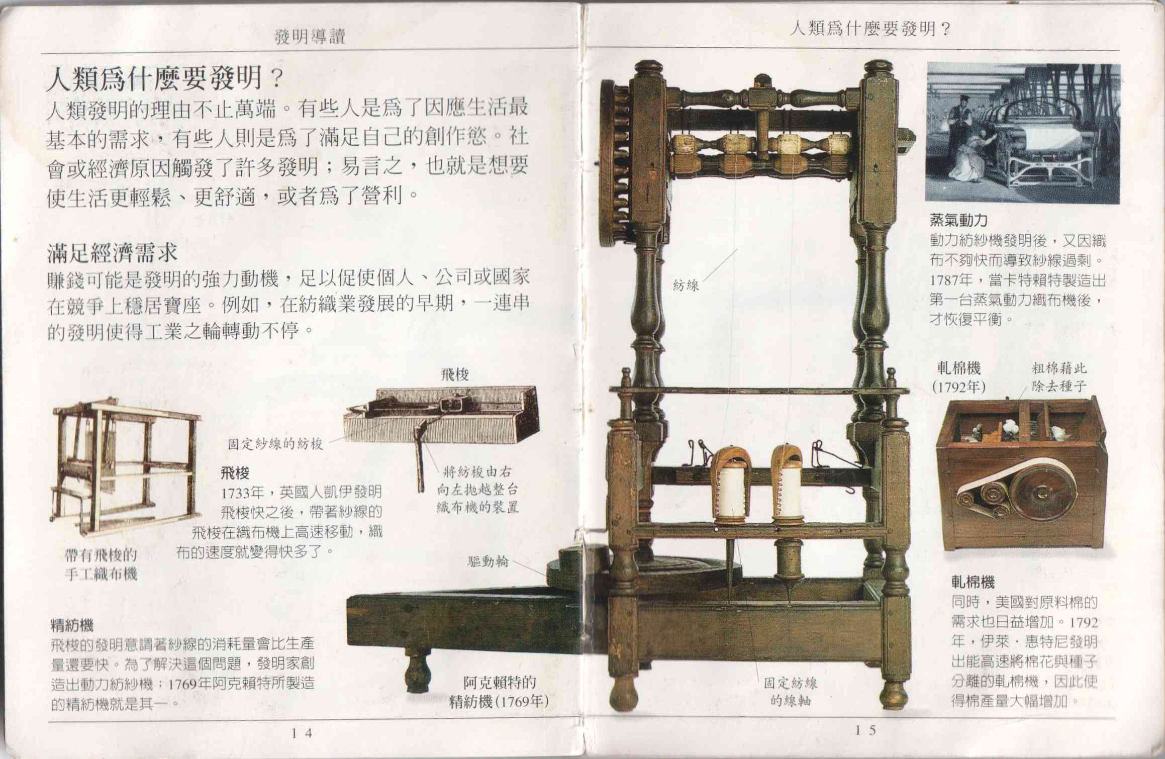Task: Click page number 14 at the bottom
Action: click(x=302, y=733)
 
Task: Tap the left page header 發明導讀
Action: click(x=310, y=37)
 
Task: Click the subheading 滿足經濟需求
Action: click(x=113, y=253)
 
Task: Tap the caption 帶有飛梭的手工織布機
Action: click(x=101, y=564)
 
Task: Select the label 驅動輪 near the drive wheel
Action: click(x=488, y=561)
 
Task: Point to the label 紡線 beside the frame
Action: click(x=686, y=286)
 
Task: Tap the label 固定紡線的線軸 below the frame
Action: click(x=791, y=691)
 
